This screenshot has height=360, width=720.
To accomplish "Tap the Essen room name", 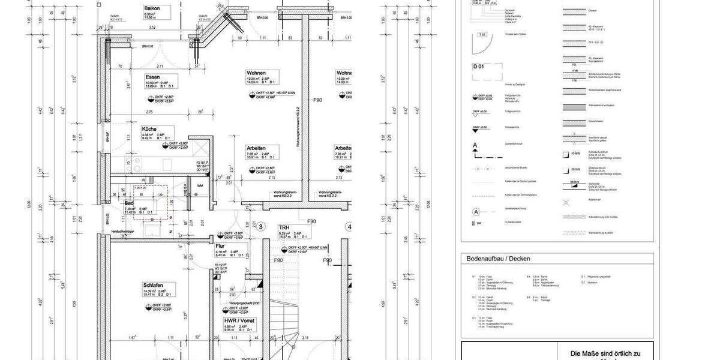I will (152, 77).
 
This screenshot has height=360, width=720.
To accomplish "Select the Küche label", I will (149, 129).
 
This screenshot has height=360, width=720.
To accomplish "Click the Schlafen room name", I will (153, 285).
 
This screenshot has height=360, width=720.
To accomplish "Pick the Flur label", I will (220, 246).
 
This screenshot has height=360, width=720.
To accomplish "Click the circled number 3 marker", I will (261, 227).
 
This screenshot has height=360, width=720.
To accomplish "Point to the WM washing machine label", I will (199, 186).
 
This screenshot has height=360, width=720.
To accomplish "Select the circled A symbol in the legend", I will (476, 211).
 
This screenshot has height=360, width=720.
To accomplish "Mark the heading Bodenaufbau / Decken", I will (498, 259).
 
